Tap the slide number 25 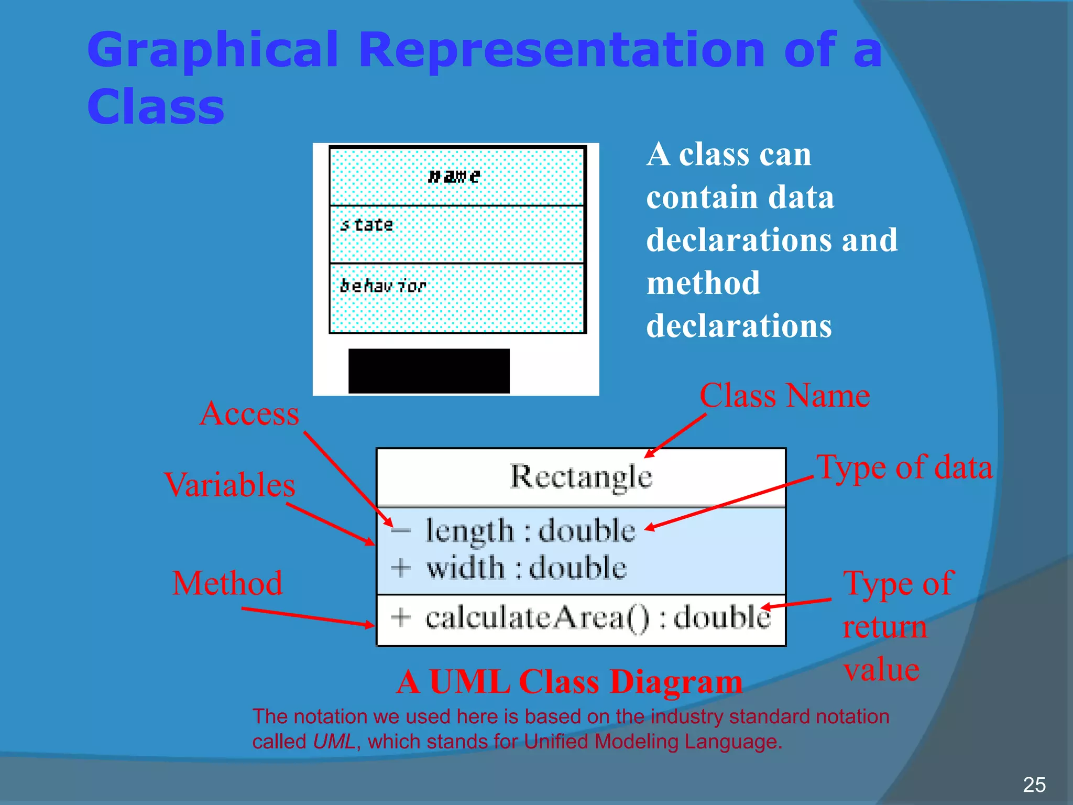pyautogui.click(x=1034, y=785)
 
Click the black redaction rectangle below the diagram pyautogui.click(x=429, y=371)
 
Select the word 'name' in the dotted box pyautogui.click(x=454, y=176)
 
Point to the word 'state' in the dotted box pyautogui.click(x=367, y=225)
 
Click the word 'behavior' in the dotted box pyautogui.click(x=383, y=286)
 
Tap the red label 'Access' pyautogui.click(x=249, y=414)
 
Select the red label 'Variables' pyautogui.click(x=229, y=485)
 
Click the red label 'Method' pyautogui.click(x=227, y=583)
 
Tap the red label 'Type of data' pyautogui.click(x=904, y=467)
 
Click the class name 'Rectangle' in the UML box pyautogui.click(x=581, y=477)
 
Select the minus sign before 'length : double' pyautogui.click(x=401, y=530)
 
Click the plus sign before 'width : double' pyautogui.click(x=401, y=568)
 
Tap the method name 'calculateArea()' pyautogui.click(x=536, y=617)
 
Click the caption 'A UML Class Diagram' pyautogui.click(x=570, y=682)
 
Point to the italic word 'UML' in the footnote pyautogui.click(x=334, y=742)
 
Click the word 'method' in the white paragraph pyautogui.click(x=703, y=283)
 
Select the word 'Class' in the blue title pyautogui.click(x=156, y=106)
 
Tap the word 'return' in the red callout pyautogui.click(x=885, y=627)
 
